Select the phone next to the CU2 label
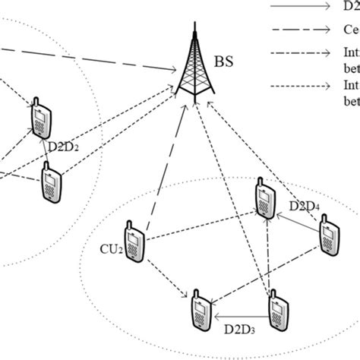pyautogui.click(x=134, y=242)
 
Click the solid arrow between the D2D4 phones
pyautogui.click(x=296, y=219)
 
